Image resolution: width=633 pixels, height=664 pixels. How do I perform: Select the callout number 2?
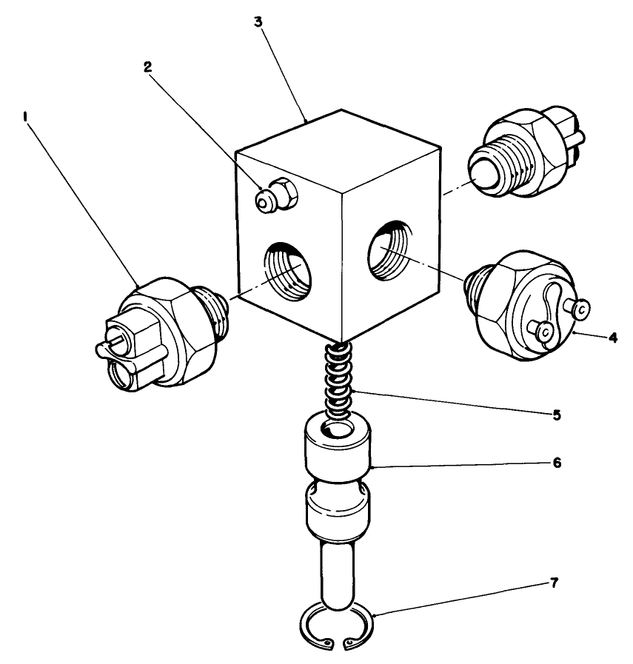pyautogui.click(x=148, y=67)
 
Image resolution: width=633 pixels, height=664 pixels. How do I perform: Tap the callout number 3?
pyautogui.click(x=258, y=21)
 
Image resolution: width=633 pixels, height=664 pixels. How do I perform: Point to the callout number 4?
pyautogui.click(x=612, y=337)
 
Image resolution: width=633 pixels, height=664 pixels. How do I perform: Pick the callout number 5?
pyautogui.click(x=556, y=415)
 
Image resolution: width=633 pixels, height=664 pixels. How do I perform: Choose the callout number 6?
pyautogui.click(x=556, y=463)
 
